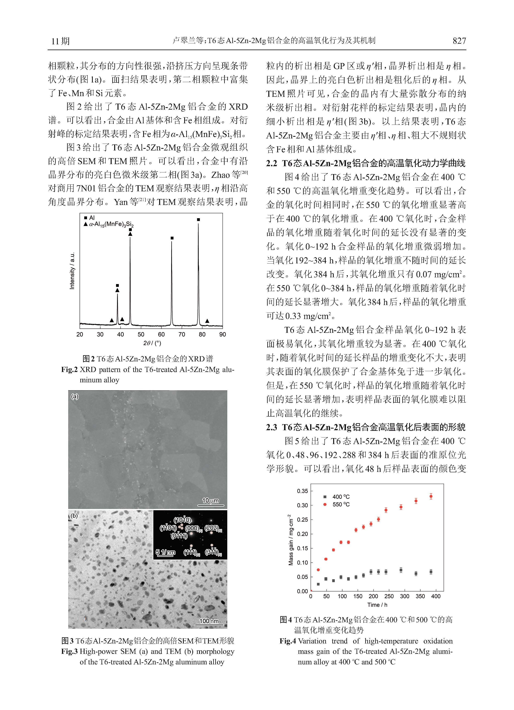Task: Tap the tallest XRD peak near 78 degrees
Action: pyautogui.click(x=198, y=238)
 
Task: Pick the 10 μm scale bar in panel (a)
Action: pyautogui.click(x=210, y=501)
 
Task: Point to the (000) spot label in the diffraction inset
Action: pyautogui.click(x=192, y=528)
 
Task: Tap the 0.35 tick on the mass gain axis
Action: pyautogui.click(x=302, y=491)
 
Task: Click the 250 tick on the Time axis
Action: pyautogui.click(x=389, y=596)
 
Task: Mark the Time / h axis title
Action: pyautogui.click(x=377, y=605)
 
